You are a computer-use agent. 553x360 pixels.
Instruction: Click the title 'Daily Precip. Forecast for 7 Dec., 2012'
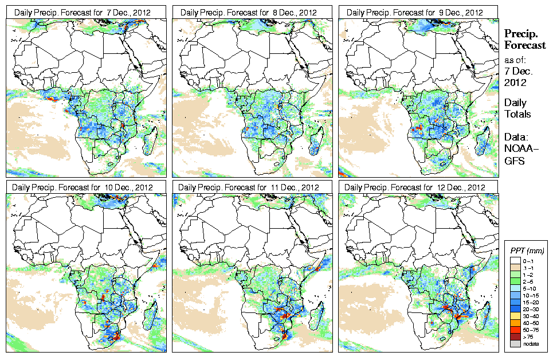[83, 12]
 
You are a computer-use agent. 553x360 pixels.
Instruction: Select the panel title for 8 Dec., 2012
[249, 12]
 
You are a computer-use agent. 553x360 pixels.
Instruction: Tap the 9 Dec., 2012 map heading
[415, 12]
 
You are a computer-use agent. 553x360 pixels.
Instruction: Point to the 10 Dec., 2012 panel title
[83, 187]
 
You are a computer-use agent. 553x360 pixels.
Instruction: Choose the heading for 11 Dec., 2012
[249, 187]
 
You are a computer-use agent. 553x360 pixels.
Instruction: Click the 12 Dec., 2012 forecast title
[415, 187]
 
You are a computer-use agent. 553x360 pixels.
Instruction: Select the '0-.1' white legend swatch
[516, 261]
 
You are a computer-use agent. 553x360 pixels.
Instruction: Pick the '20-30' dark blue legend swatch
[516, 309]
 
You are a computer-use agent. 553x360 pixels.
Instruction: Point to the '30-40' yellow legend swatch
[516, 316]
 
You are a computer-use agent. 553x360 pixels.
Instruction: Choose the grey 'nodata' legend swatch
[516, 343]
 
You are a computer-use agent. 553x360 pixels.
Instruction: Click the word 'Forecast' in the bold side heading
[525, 46]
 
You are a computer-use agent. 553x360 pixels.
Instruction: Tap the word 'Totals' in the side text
[517, 114]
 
